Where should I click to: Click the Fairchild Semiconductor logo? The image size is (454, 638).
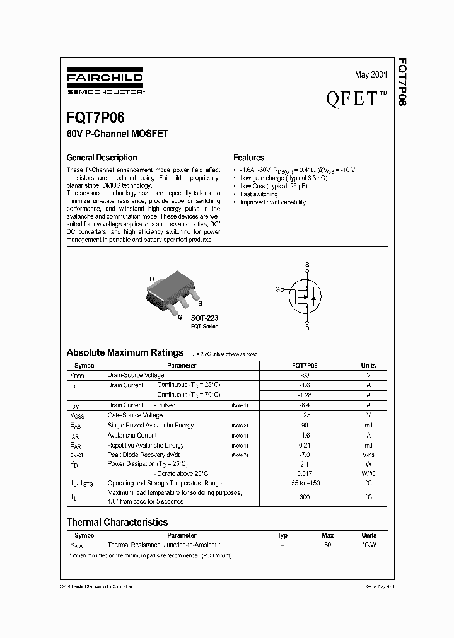point(105,82)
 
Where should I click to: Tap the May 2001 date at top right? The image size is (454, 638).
point(371,75)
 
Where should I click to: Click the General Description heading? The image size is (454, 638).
point(102,158)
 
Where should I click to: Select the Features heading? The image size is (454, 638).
point(248,158)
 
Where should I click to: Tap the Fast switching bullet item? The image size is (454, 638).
point(259,194)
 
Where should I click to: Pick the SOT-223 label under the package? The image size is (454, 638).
point(204,318)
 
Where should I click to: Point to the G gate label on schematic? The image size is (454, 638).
point(277,289)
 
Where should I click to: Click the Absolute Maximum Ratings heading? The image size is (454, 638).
point(125,352)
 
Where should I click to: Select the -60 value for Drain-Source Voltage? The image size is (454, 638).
point(305,375)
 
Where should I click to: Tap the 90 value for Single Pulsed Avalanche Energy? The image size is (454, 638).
point(305,426)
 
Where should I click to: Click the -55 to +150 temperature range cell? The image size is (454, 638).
point(305,483)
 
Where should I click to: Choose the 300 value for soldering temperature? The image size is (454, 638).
point(305,497)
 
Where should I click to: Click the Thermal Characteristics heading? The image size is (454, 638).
point(117,522)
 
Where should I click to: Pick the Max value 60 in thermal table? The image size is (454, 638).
point(327,544)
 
